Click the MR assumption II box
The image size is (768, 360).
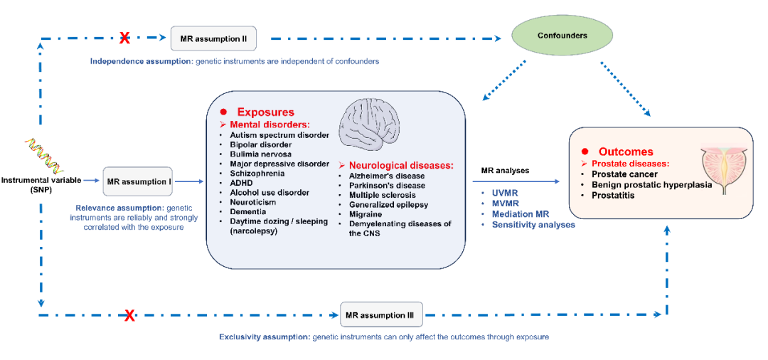[x=213, y=38]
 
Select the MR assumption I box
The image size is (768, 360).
[x=138, y=181]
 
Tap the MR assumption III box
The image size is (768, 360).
[x=382, y=313]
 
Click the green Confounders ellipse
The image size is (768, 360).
[x=562, y=35]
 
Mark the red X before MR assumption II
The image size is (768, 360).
[x=124, y=37]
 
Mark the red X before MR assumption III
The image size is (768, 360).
[x=129, y=315]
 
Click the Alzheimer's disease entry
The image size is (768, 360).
[x=387, y=176]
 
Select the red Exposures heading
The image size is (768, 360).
[x=265, y=112]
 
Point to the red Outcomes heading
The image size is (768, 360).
[x=626, y=152]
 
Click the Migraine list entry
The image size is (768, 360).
[x=366, y=214]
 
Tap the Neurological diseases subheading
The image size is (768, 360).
[x=400, y=165]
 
